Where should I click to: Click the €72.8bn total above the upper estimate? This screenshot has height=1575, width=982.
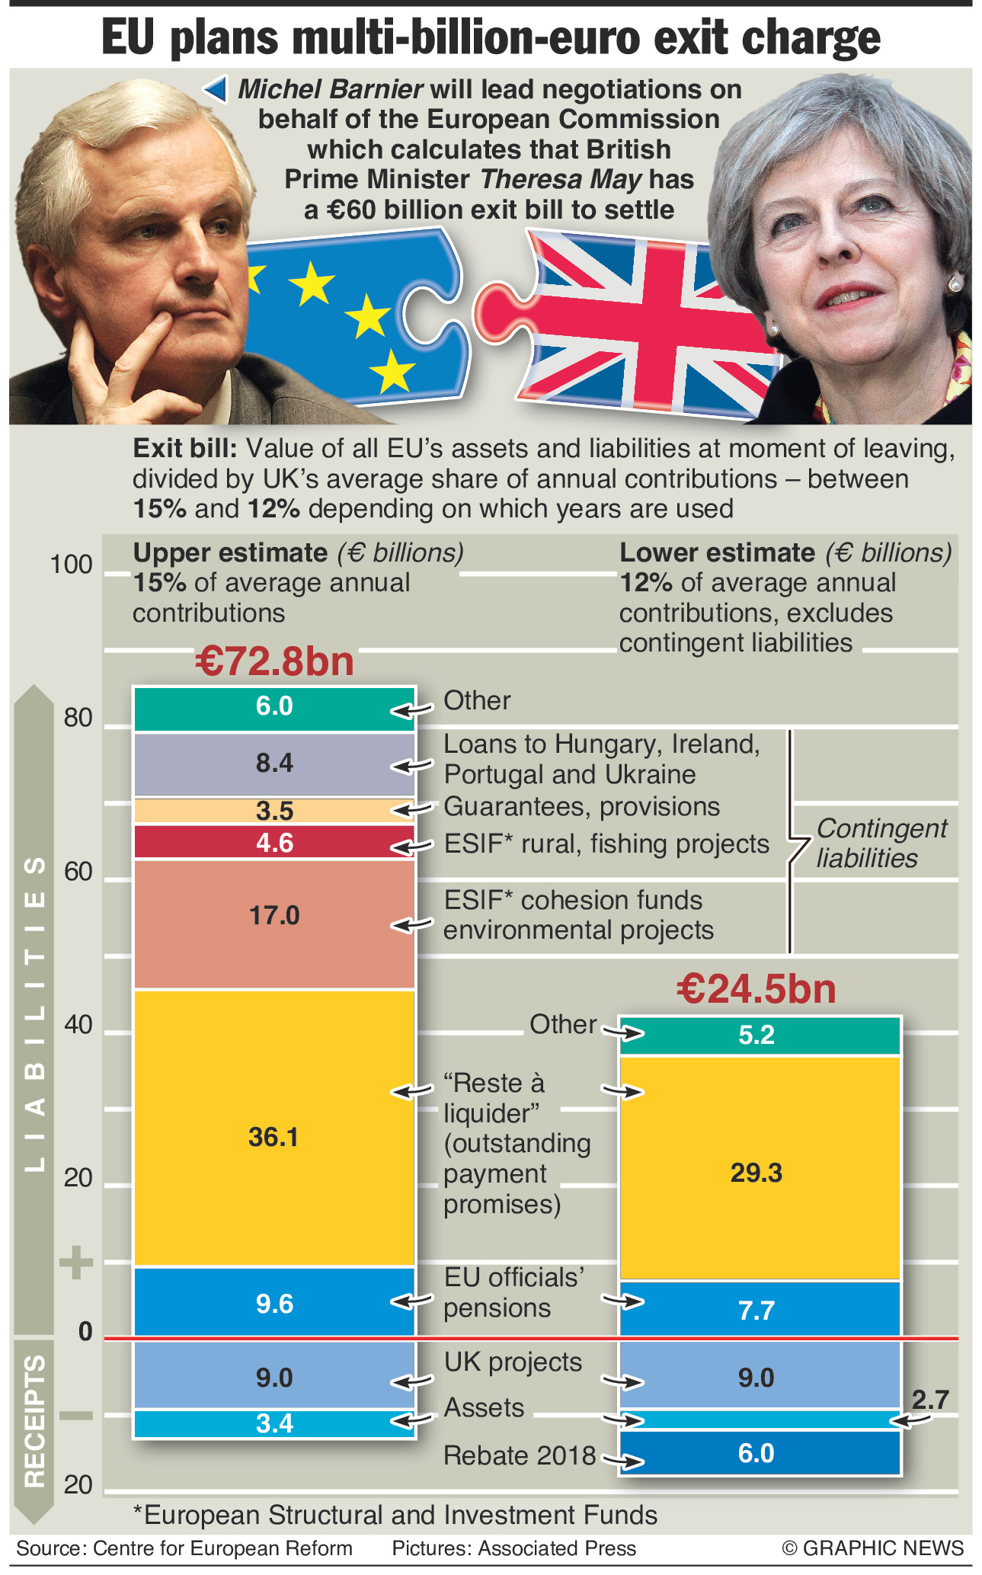point(274,661)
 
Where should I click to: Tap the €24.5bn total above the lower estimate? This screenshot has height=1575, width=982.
point(756,989)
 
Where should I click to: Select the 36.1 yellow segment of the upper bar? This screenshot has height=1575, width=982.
point(273,1137)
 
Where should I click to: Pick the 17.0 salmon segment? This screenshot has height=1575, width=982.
point(274,915)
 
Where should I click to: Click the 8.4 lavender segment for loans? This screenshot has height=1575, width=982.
point(274,763)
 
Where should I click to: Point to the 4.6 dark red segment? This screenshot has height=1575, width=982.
point(274,843)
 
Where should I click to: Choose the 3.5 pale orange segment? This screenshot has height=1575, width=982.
point(274,811)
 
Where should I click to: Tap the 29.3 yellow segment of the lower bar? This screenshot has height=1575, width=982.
point(756,1173)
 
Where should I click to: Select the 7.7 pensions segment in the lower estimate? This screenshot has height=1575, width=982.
point(756,1311)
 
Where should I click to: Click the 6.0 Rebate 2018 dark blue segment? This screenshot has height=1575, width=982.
point(756,1453)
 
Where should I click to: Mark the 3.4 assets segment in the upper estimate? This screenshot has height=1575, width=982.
point(274,1423)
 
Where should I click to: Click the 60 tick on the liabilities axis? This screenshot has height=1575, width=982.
point(78,872)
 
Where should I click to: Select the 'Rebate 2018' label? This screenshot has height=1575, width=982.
point(520,1455)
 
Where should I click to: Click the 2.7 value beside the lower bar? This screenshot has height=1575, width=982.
point(930,1399)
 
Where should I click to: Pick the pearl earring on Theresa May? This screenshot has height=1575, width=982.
point(955,284)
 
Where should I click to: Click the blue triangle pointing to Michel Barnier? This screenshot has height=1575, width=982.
point(216,90)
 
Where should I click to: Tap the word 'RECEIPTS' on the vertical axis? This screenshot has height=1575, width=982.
point(35,1420)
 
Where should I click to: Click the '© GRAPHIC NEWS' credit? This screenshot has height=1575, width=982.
point(872,1548)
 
